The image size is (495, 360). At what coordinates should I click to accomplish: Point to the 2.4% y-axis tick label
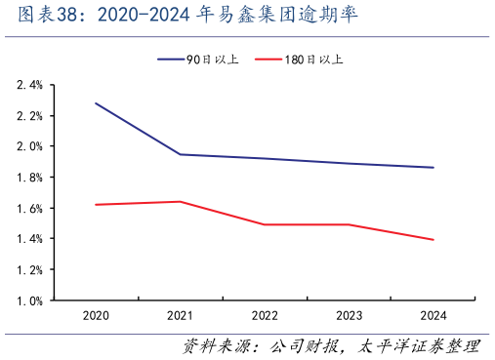click(29, 86)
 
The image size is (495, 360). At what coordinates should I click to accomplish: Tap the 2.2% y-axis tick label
click(29, 116)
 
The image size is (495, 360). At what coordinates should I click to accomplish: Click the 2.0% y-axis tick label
click(29, 146)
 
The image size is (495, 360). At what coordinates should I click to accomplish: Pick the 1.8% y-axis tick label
click(29, 178)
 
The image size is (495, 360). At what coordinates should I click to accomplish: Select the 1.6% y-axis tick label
click(29, 209)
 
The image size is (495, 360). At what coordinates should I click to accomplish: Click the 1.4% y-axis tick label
click(29, 239)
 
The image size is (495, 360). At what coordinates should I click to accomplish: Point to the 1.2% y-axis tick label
click(29, 270)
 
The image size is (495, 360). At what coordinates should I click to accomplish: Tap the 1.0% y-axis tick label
click(29, 300)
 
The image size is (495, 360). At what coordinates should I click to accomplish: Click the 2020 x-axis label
click(96, 316)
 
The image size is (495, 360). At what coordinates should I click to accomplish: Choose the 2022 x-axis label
click(265, 316)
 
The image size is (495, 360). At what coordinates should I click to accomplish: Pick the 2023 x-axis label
click(350, 316)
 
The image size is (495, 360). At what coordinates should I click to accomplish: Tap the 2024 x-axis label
click(433, 316)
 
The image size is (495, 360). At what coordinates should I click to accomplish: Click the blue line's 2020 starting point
click(96, 103)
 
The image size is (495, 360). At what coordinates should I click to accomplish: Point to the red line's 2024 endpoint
click(433, 240)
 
